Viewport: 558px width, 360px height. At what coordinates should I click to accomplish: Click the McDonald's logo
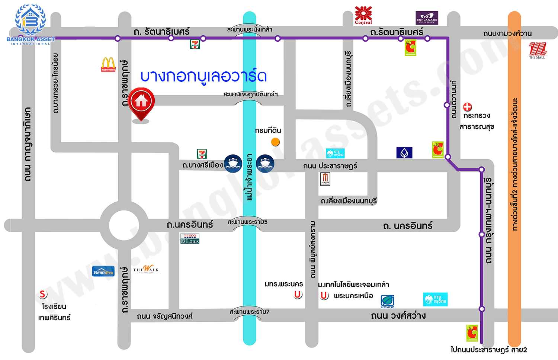[108, 64]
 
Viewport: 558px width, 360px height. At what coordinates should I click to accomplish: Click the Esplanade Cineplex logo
[427, 18]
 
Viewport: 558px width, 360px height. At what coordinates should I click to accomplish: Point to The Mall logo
[537, 50]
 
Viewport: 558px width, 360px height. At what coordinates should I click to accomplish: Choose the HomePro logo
[103, 271]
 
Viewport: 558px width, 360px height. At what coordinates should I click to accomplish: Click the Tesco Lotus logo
[190, 239]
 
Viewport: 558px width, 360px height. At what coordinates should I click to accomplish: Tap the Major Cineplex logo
[325, 179]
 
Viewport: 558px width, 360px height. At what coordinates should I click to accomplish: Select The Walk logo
[146, 269]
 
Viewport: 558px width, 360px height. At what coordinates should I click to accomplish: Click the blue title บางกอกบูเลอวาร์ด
[203, 77]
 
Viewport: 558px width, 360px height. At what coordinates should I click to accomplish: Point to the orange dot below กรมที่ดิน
[275, 142]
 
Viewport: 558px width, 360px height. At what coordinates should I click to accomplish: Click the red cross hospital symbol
[467, 107]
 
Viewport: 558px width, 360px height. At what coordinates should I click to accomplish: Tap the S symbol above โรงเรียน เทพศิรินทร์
[43, 294]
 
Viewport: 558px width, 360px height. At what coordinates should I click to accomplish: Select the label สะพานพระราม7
[249, 312]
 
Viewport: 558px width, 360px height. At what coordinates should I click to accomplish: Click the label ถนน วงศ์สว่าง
[398, 316]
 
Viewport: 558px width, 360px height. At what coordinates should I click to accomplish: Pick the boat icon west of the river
[233, 164]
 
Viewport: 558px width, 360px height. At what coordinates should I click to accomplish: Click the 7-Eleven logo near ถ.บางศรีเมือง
[202, 154]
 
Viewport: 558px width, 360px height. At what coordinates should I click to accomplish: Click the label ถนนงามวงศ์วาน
[507, 33]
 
